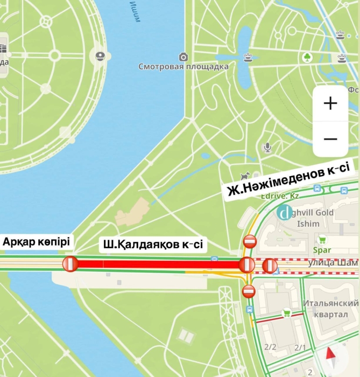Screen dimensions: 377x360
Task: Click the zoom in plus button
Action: [x=330, y=103]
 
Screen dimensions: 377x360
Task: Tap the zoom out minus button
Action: [x=330, y=139]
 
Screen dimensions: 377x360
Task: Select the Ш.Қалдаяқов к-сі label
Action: [x=153, y=245]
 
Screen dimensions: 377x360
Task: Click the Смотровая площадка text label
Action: [x=183, y=67]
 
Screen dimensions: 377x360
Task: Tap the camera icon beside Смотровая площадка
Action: [x=183, y=57]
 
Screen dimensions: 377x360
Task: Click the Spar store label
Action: [x=322, y=250]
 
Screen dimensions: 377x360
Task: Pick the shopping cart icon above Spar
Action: [x=322, y=240]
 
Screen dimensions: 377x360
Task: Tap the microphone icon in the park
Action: [x=267, y=146]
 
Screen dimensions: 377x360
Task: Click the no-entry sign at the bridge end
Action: [x=70, y=264]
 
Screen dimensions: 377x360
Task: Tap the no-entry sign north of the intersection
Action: [x=249, y=241]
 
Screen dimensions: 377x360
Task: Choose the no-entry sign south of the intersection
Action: [x=249, y=291]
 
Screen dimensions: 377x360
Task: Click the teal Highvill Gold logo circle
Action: [x=284, y=213]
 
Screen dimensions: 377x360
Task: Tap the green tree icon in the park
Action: [x=307, y=57]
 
